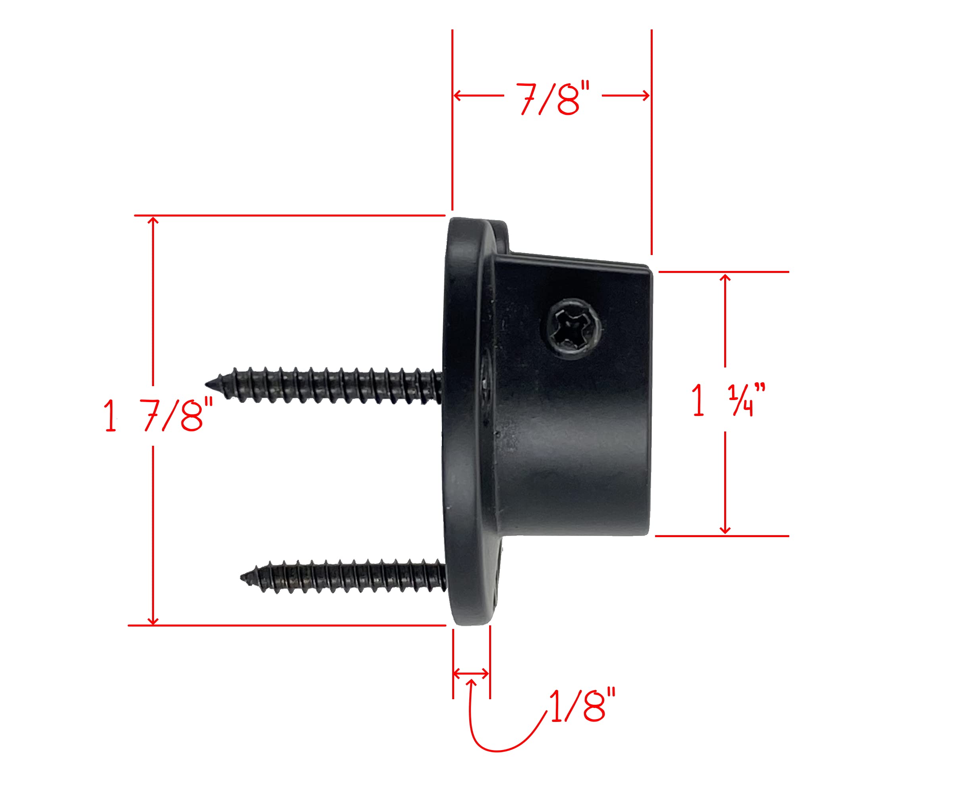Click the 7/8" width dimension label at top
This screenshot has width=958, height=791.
(x=552, y=99)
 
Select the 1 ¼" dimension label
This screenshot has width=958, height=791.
(x=728, y=400)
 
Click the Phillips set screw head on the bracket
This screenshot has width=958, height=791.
(x=573, y=328)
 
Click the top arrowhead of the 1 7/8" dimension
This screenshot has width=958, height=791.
(x=153, y=220)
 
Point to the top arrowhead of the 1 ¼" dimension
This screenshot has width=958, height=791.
(x=725, y=277)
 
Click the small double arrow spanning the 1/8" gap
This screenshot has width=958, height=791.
(x=471, y=673)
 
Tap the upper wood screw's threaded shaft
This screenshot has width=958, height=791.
(x=328, y=385)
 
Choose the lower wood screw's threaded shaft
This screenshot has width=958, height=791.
(x=346, y=576)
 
